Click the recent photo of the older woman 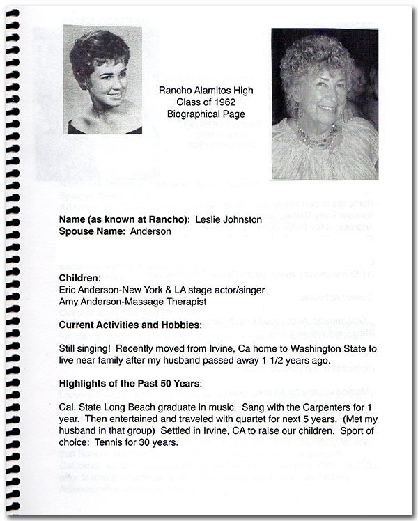coord(325,104)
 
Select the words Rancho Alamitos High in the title coord(206,91)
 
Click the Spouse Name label coord(93,231)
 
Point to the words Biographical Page coord(206,113)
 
